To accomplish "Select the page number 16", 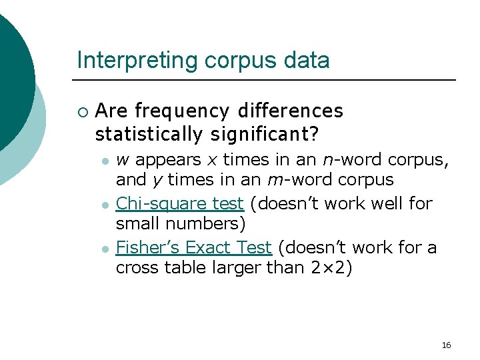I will [x=446, y=345].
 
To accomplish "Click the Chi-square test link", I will [x=180, y=203].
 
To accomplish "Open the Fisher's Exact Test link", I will [x=193, y=248].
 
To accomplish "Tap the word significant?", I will [x=265, y=134].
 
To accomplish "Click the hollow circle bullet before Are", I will [x=81, y=111].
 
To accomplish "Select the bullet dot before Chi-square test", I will [x=105, y=203].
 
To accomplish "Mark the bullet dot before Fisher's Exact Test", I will [x=105, y=249].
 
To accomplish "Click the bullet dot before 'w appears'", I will [x=105, y=161].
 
